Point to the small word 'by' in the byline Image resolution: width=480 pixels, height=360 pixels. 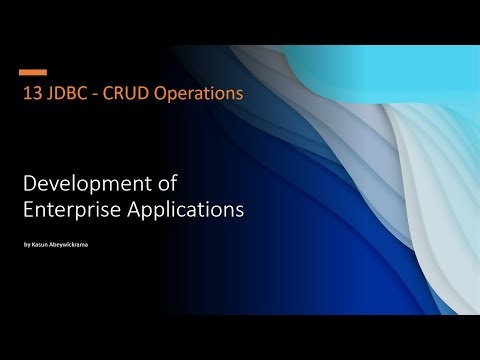coord(26,243)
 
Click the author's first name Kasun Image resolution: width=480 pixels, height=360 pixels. coord(41,243)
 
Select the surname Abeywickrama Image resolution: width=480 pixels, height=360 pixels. coord(73,243)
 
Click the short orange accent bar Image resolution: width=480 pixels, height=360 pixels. coord(34,72)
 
